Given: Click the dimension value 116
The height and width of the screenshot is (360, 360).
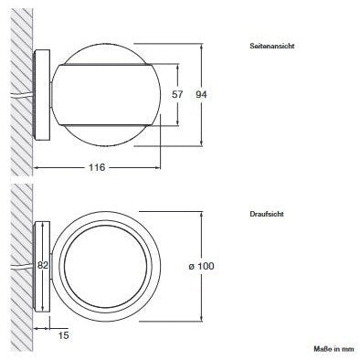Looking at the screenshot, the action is [x=97, y=167].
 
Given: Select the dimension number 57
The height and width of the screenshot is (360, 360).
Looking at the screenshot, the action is [x=177, y=94].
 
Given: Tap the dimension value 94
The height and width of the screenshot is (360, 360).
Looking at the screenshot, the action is [x=201, y=95].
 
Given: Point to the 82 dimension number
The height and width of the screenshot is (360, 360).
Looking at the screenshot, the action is [x=43, y=266].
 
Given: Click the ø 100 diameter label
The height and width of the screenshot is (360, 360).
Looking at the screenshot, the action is [x=201, y=266].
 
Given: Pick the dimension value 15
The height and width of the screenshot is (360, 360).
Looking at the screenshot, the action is [x=64, y=335].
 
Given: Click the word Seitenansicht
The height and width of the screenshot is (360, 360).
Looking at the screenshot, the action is [x=272, y=47].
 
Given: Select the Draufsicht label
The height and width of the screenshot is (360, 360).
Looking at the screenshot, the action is [x=267, y=214].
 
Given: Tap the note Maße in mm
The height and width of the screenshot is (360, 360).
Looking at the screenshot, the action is [x=334, y=349].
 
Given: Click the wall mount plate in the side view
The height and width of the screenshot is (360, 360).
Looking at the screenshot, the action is [x=42, y=95].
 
